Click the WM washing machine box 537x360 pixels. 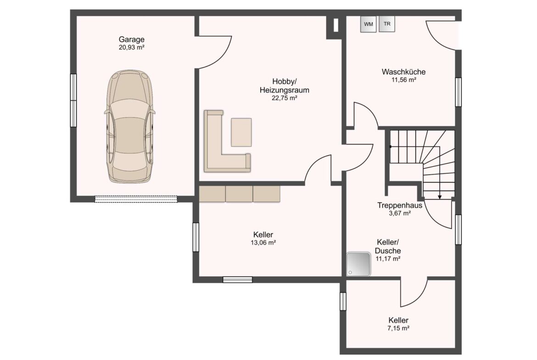point(369,24)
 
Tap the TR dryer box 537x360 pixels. point(387,24)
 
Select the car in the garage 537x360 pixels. point(130,126)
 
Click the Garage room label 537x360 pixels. point(132,39)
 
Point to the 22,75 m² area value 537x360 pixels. point(284,98)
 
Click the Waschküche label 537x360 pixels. point(404,72)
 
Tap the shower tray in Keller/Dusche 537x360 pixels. point(358,264)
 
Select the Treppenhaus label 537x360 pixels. point(400,205)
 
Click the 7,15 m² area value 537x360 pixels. point(399,328)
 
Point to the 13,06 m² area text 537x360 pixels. point(263,243)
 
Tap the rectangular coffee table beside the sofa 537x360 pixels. point(241,132)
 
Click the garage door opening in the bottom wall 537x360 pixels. point(136,199)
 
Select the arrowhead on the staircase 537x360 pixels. point(440,197)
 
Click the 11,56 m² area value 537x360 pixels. point(404,80)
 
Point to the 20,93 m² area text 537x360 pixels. point(132,48)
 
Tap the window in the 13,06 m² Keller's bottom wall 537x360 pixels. point(238,280)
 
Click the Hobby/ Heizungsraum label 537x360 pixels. point(284,86)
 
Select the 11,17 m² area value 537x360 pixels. point(388,259)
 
